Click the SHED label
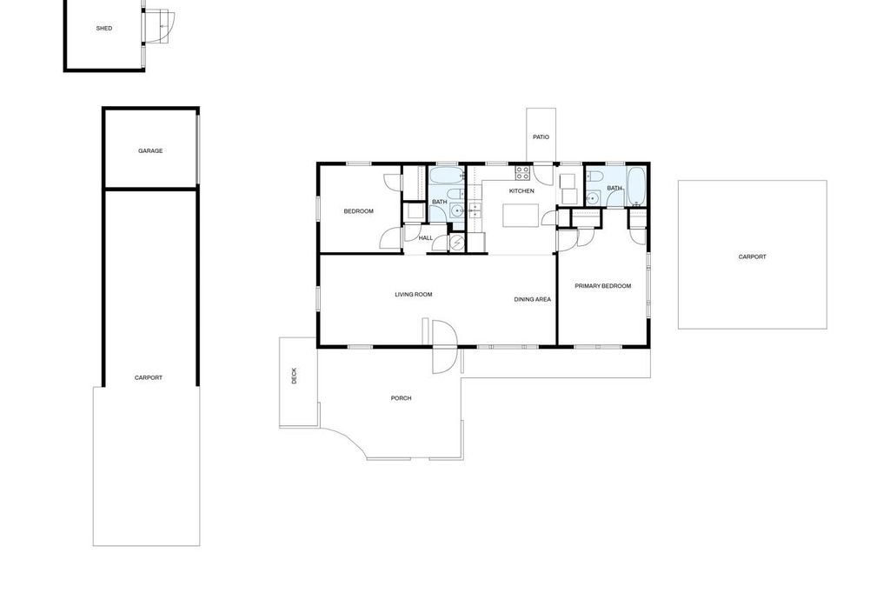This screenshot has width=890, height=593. coord(104,28)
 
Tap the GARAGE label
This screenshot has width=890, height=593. coord(150,150)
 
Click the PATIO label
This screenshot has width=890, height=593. coord(541,137)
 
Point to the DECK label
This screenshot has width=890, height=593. coord(294,376)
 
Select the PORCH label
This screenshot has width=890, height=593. coord(401,398)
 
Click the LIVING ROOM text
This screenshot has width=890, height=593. coord(413,294)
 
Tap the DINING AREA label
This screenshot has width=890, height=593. coord(532,299)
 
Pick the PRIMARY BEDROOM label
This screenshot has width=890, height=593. coord(602,285)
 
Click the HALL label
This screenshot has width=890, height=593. coord(426,237)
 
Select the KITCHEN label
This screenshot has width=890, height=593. coord(521,190)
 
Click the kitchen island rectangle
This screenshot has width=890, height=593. coord(521,215)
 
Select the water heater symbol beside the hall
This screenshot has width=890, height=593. coord(456,242)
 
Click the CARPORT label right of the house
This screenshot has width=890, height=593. coord(752,257)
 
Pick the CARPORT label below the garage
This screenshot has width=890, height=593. coord(149,377)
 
